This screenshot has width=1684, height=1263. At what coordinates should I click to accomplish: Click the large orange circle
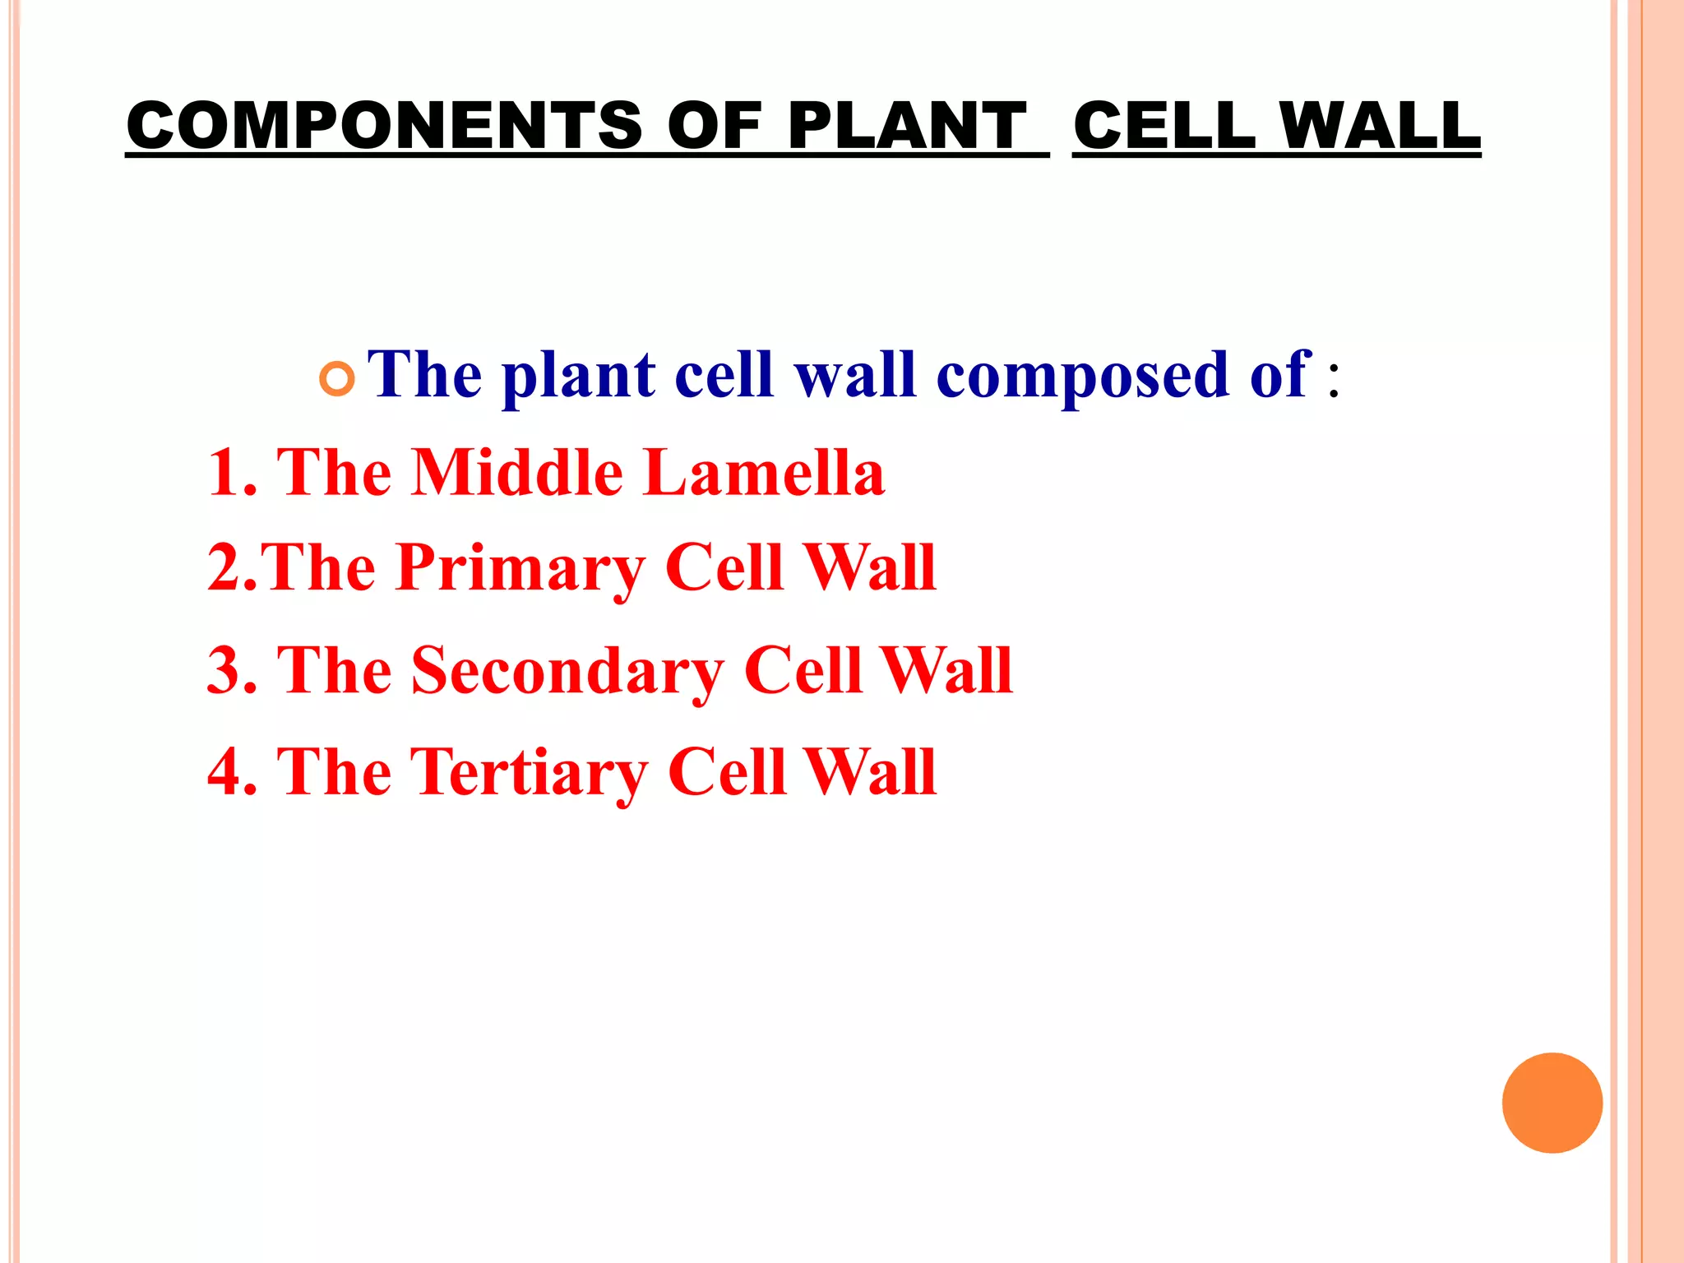[x=1552, y=1103]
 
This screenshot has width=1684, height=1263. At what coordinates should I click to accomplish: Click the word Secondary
[x=567, y=671]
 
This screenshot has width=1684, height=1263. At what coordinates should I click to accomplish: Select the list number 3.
[x=224, y=671]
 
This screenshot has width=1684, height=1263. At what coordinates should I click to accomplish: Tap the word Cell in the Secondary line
[x=802, y=671]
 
